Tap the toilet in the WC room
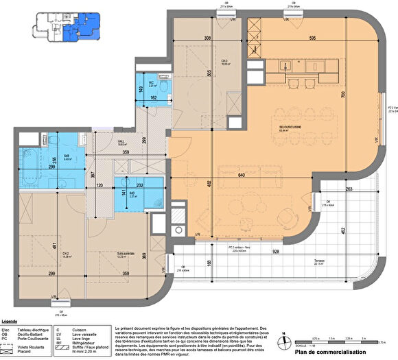tap(165, 88)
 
